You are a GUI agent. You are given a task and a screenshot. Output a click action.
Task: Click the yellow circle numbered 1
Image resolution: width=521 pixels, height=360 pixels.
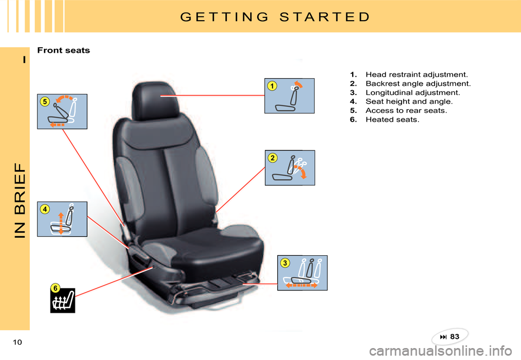(272, 86)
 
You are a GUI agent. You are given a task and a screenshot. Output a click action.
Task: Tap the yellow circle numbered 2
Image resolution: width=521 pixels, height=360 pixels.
(272, 158)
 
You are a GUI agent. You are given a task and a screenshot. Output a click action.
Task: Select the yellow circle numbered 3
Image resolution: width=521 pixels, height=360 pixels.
(285, 263)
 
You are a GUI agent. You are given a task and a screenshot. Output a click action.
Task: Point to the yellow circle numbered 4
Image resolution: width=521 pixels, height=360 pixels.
(45, 209)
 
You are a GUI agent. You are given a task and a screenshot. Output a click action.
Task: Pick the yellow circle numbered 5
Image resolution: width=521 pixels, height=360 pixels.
(45, 102)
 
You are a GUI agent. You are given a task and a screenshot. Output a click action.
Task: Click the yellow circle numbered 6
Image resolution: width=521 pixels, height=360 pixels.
(55, 288)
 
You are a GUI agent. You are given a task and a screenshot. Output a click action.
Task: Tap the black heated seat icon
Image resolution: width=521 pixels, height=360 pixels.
(63, 301)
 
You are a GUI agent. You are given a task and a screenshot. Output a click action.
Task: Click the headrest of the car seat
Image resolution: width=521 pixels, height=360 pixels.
(155, 100)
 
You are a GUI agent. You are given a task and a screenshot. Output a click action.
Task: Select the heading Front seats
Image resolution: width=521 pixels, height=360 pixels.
(63, 50)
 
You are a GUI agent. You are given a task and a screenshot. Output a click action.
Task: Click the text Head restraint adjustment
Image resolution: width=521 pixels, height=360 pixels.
(417, 74)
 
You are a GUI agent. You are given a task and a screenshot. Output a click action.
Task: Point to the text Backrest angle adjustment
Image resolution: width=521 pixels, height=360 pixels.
(418, 84)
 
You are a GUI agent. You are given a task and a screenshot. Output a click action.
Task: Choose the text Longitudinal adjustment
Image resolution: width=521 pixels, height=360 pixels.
(412, 92)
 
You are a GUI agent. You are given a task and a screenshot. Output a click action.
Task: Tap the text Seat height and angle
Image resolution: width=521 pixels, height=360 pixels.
(409, 102)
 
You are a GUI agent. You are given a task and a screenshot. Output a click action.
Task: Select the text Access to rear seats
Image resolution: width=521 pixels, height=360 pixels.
(406, 110)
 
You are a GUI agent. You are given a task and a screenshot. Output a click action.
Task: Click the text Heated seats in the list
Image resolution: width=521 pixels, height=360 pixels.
(392, 119)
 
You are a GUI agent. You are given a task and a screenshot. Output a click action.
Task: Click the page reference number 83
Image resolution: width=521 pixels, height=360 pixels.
(455, 337)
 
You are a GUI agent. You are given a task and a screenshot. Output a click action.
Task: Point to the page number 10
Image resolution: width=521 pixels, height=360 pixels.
(17, 342)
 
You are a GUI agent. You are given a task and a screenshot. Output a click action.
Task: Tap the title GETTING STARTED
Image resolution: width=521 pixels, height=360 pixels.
(275, 17)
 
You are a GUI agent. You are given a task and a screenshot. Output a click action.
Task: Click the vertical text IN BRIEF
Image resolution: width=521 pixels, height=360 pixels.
(20, 200)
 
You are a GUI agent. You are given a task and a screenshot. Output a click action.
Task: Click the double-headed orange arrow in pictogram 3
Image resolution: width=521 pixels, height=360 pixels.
(302, 285)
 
